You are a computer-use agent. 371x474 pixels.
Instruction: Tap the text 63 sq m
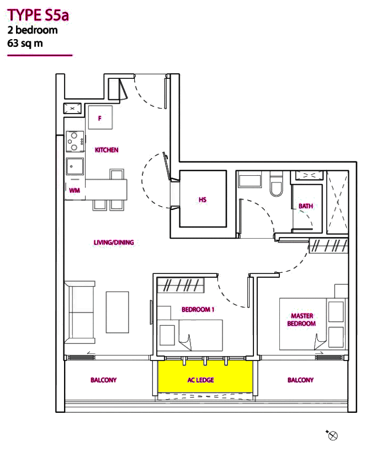[25, 43]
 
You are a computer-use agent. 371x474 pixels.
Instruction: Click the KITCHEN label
[107, 150]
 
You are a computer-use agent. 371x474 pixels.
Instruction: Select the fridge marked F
[100, 117]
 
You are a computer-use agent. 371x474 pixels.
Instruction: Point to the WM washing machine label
[75, 190]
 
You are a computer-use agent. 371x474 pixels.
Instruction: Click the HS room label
[203, 200]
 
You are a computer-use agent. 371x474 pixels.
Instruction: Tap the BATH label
[306, 206]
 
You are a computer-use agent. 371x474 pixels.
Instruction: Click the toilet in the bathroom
[276, 186]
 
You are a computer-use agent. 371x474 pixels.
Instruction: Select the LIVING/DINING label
[114, 243]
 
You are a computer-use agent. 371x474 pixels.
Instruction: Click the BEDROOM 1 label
[198, 310]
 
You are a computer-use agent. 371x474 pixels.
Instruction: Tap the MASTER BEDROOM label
[301, 320]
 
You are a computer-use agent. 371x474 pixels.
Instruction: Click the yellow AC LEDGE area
[205, 376]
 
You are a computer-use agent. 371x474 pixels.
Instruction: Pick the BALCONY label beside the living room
[104, 380]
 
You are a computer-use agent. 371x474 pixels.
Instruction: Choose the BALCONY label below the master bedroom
[300, 380]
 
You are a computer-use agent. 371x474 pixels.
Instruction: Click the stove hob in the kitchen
[75, 141]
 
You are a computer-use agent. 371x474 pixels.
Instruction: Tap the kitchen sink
[75, 166]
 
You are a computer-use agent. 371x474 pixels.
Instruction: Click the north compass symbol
[332, 435]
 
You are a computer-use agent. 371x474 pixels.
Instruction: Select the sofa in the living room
[79, 313]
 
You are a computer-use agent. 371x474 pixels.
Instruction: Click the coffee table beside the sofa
[118, 313]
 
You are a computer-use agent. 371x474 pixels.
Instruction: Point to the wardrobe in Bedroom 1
[181, 286]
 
